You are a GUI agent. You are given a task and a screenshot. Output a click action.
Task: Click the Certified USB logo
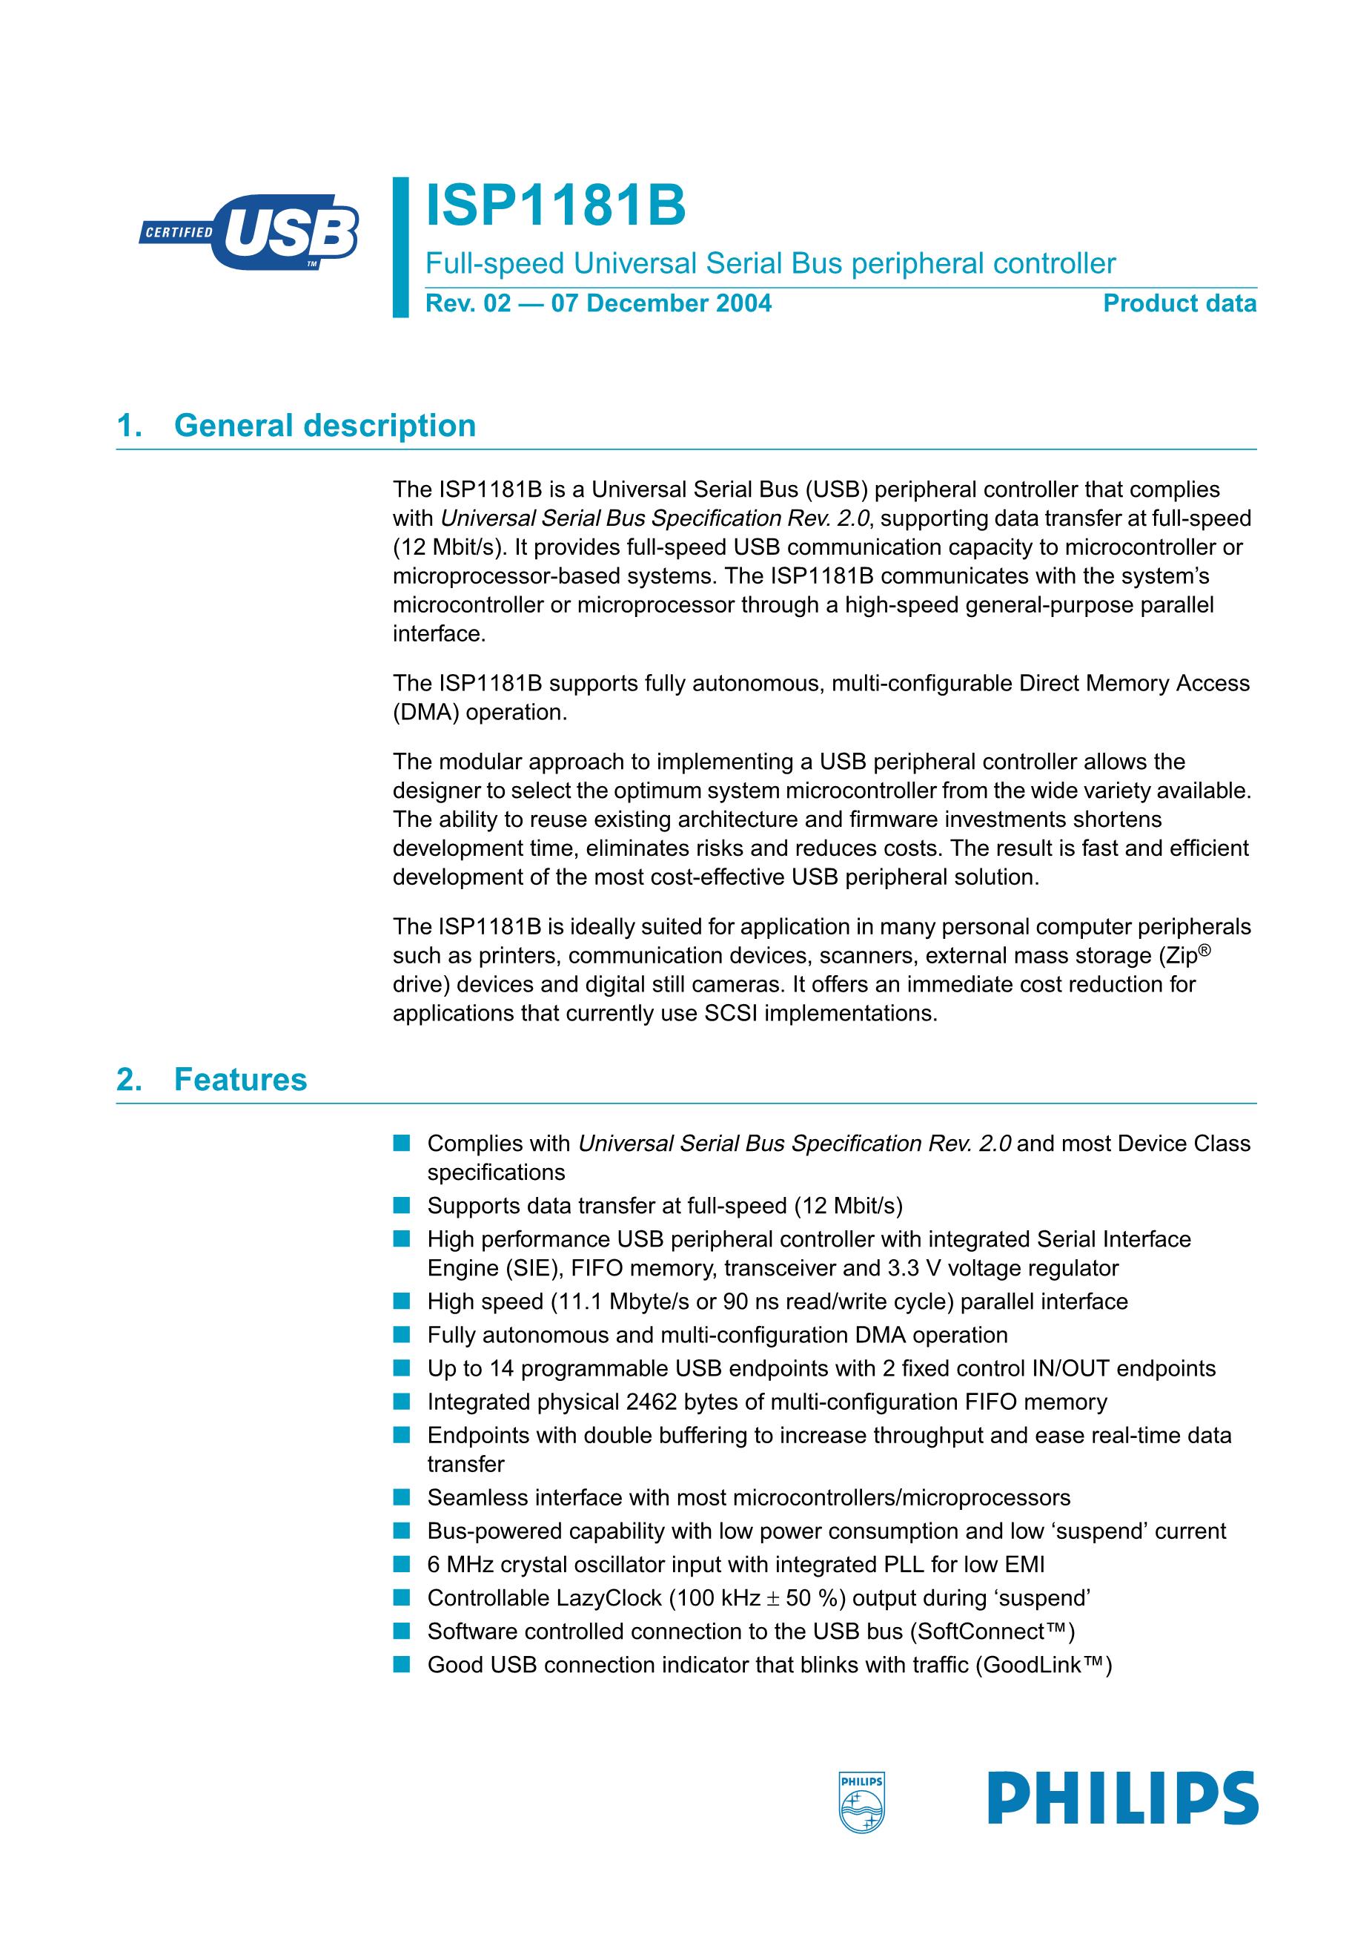tap(249, 232)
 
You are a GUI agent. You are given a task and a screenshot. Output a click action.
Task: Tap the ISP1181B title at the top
tap(555, 206)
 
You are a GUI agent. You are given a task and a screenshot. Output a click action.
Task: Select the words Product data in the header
tap(1179, 304)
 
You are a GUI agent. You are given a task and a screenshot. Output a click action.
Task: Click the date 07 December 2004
tap(660, 304)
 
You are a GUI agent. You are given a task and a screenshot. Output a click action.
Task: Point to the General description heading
tap(325, 426)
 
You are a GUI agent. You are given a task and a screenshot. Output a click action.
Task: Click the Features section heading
tap(240, 1080)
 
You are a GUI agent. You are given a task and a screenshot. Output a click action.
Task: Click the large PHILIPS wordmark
tap(1122, 1799)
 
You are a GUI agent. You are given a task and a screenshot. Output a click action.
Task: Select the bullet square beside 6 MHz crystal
tap(401, 1564)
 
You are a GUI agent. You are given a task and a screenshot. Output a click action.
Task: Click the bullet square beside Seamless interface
tap(401, 1497)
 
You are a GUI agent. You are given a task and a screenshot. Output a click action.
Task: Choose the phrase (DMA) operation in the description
tap(479, 713)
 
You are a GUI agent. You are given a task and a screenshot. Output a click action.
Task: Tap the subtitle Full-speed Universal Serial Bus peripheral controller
tap(769, 264)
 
